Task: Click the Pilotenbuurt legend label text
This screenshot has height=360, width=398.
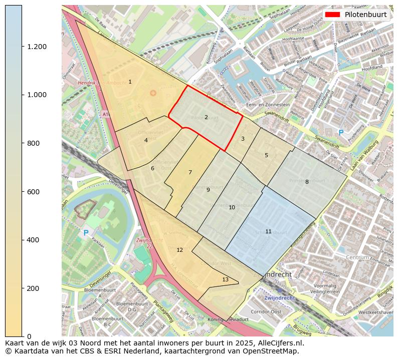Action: [365, 15]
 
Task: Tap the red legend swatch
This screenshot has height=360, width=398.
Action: [333, 15]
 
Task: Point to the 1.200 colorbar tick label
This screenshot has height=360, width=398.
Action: [37, 47]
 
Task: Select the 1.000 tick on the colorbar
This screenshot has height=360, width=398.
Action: [37, 95]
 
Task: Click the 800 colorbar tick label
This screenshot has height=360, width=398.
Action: [33, 143]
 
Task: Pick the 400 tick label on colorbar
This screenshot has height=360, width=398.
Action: [33, 240]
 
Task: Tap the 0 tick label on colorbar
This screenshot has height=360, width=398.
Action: [29, 336]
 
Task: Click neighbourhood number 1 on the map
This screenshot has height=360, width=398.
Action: [130, 82]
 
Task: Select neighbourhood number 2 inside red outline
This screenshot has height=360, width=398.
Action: [206, 117]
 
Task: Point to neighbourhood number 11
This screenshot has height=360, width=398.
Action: [268, 231]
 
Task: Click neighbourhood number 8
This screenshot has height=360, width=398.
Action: [307, 182]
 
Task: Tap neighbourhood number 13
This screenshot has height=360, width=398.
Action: [225, 279]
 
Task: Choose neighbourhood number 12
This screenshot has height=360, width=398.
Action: [179, 250]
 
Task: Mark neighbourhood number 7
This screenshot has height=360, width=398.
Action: [190, 172]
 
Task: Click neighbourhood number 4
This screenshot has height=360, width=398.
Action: [146, 140]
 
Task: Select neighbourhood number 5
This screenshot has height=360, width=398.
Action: [266, 155]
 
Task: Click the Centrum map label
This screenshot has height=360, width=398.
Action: [357, 257]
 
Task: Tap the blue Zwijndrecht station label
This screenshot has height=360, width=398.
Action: [280, 297]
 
